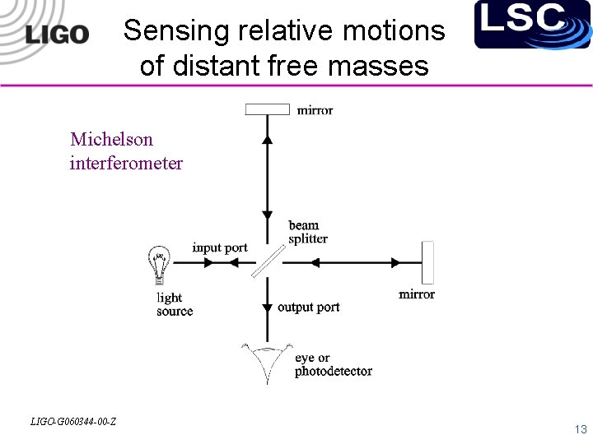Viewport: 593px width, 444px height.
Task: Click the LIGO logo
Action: click(57, 34)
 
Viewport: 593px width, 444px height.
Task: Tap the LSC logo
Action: click(521, 23)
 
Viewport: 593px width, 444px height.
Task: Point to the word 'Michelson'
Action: click(111, 139)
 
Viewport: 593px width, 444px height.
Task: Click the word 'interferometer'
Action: click(126, 163)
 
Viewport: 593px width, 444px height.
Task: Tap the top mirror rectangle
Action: click(268, 109)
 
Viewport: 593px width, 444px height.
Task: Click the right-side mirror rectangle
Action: click(427, 261)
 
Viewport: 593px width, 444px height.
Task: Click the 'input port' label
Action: click(220, 247)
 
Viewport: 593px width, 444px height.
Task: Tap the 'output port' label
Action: click(308, 307)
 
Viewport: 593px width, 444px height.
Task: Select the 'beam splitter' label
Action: click(307, 232)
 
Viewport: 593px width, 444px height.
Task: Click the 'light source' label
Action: click(175, 304)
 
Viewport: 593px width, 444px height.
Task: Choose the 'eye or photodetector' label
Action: click(333, 364)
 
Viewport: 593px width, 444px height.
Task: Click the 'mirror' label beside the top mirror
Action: click(315, 109)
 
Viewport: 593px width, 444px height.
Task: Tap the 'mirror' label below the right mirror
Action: click(417, 294)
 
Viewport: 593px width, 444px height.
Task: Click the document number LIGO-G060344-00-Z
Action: click(72, 422)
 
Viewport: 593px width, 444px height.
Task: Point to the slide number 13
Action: click(581, 429)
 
